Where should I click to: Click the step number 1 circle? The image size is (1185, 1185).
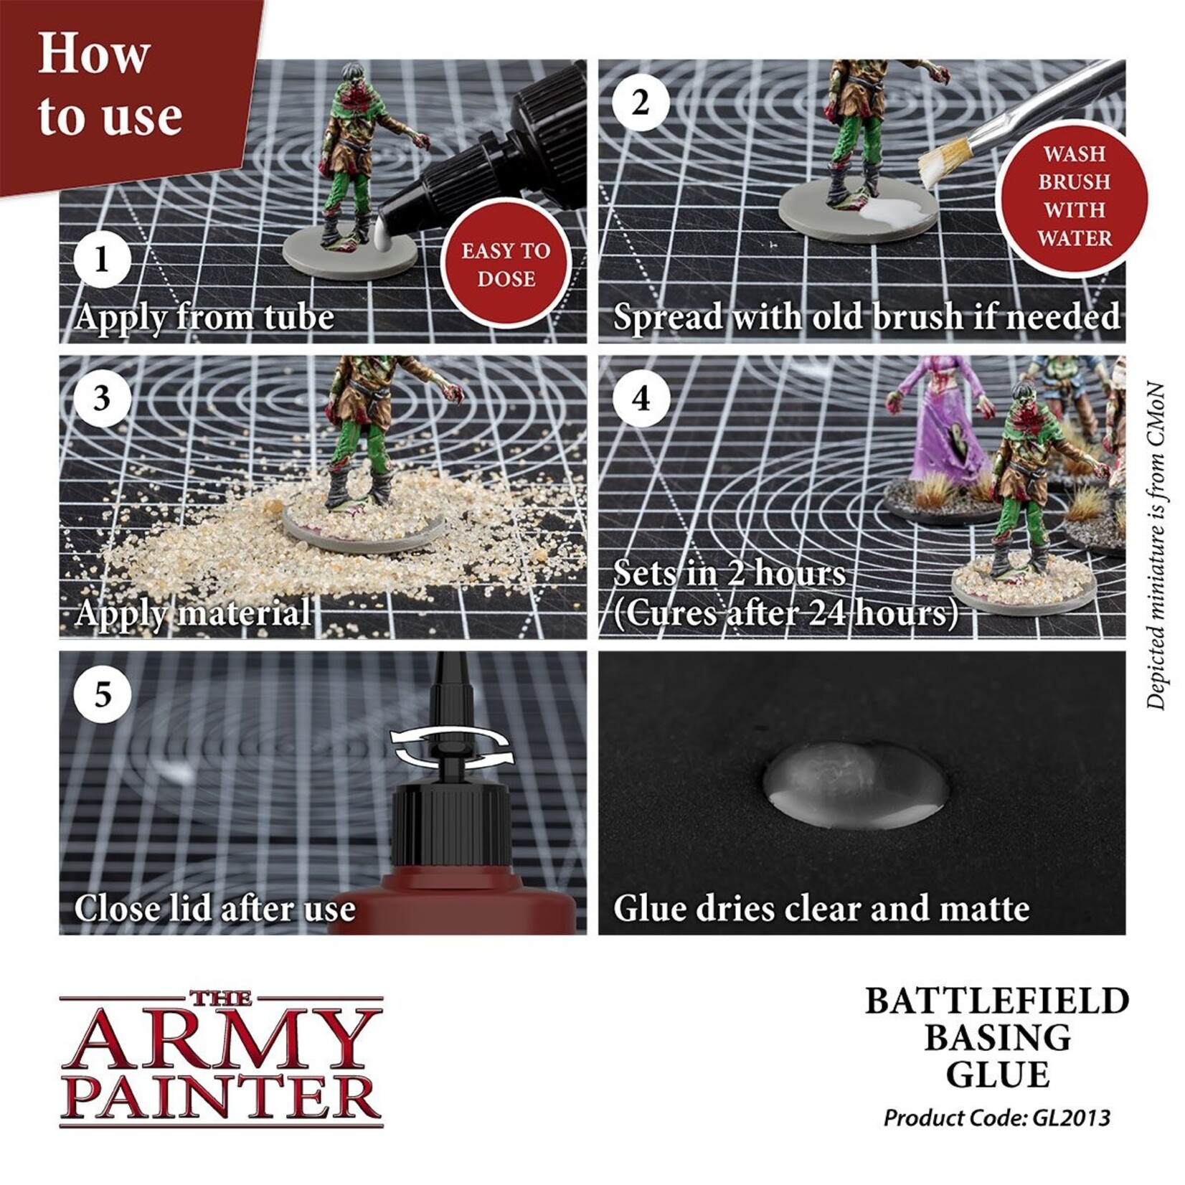coord(102,259)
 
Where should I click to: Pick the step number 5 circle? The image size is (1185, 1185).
coord(102,694)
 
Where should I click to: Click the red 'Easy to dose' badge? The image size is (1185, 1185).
coord(505,265)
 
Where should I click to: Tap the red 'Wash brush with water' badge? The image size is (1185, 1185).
coord(1073,196)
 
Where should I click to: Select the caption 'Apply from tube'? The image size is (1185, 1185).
coord(204,317)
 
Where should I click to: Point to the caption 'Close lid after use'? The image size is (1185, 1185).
coord(214,909)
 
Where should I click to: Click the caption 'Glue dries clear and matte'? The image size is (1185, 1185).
coord(821,909)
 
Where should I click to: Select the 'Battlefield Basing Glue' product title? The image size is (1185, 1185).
coord(996,1038)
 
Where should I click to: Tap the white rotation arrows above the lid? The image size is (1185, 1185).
coord(452,746)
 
